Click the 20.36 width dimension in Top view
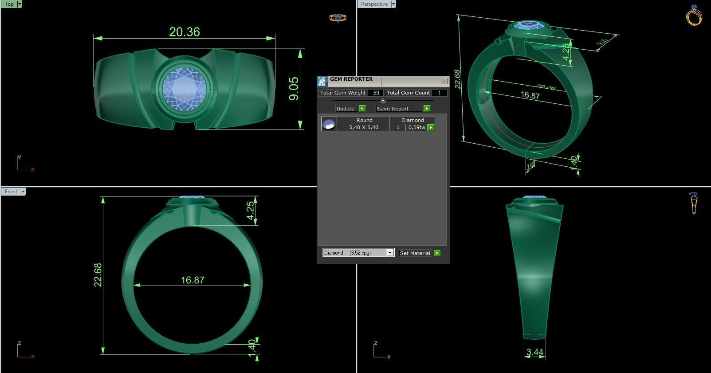click(x=185, y=32)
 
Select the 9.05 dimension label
click(x=294, y=89)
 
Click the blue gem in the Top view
click(x=184, y=87)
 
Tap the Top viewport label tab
click(x=9, y=4)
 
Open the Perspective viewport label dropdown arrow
click(x=393, y=4)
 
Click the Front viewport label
click(x=11, y=192)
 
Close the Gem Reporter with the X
click(x=444, y=81)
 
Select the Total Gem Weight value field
click(x=375, y=93)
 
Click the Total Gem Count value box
click(x=439, y=93)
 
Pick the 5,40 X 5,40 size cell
click(x=363, y=127)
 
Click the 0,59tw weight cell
click(x=416, y=127)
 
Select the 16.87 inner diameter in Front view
click(x=192, y=280)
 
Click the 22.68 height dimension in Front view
click(x=98, y=275)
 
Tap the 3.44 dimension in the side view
click(x=534, y=352)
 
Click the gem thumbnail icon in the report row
click(x=329, y=124)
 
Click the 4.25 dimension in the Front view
click(x=251, y=210)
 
